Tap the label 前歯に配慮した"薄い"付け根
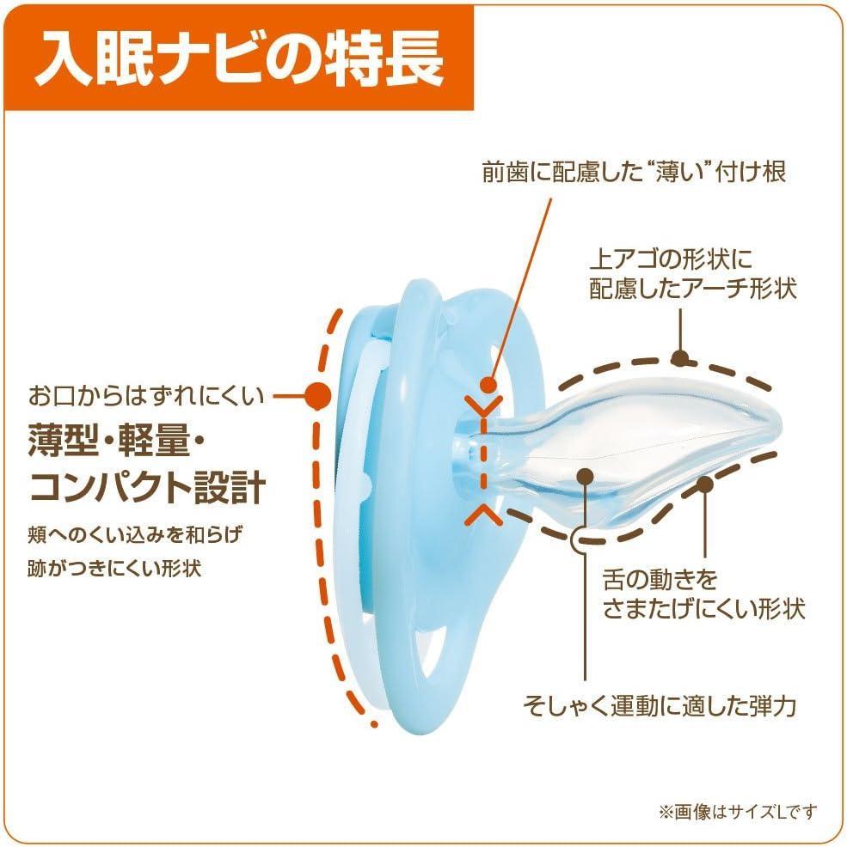[x=634, y=173]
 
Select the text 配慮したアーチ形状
[x=693, y=289]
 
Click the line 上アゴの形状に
[x=672, y=259]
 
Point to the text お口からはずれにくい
[x=146, y=396]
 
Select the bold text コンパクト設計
[x=147, y=487]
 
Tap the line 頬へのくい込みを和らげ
[x=135, y=535]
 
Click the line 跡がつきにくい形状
[x=114, y=569]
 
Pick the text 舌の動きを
[x=660, y=580]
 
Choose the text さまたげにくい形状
[x=704, y=609]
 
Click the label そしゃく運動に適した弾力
[x=660, y=705]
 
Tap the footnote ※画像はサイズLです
[x=738, y=812]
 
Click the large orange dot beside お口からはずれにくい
[x=317, y=396]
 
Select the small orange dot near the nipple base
[x=488, y=385]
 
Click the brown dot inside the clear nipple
[x=586, y=475]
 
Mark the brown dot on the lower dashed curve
[x=704, y=484]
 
